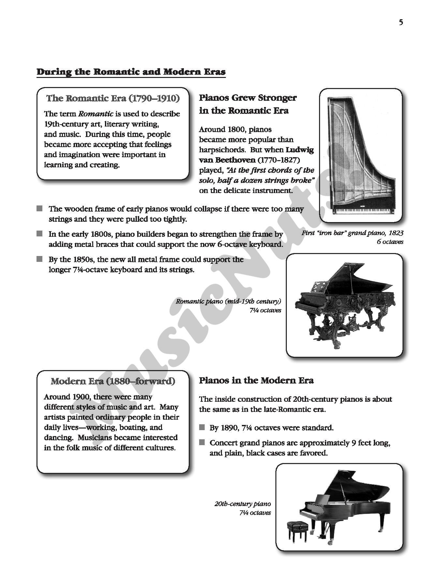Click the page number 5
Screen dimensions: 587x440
tap(401, 23)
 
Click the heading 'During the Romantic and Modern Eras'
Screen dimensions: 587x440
tap(131, 72)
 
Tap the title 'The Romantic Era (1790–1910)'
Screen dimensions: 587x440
tap(113, 98)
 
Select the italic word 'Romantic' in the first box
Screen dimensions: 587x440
tap(96, 114)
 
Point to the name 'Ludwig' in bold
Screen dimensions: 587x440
tap(300, 150)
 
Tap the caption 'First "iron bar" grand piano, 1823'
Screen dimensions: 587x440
tap(352, 233)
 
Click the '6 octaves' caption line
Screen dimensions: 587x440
tap(390, 242)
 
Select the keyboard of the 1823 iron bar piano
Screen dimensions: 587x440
tap(361, 211)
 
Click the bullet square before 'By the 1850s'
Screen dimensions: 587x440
tap(40, 259)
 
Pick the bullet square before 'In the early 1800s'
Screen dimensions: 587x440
tap(40, 234)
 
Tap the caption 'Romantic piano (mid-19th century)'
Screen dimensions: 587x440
tap(228, 301)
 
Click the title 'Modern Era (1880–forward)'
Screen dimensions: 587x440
tap(113, 381)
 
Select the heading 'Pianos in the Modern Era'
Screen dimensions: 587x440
tap(256, 381)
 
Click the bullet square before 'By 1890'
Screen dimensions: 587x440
tap(202, 428)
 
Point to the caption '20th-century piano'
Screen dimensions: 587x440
tap(242, 504)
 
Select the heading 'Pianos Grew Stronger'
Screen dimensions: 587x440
tap(248, 98)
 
